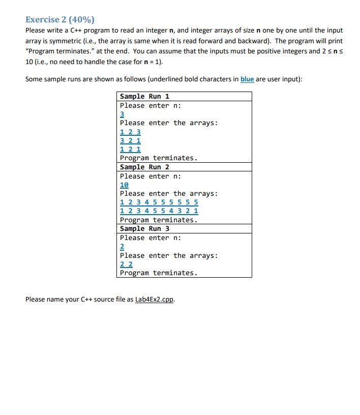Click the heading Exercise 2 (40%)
tap(60, 19)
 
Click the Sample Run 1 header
tap(144, 96)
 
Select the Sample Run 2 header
tap(144, 167)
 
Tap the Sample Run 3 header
tap(144, 228)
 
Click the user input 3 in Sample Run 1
tap(122, 114)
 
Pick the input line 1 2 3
tap(130, 132)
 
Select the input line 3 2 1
tap(130, 140)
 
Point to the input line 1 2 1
tap(130, 149)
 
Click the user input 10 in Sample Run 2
tap(124, 185)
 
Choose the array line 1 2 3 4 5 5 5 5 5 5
tap(159, 202)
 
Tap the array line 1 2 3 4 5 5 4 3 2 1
tap(159, 211)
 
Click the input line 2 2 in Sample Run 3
tap(126, 264)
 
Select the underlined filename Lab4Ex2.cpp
tap(155, 299)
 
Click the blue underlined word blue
tap(247, 79)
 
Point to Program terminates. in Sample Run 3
tap(158, 273)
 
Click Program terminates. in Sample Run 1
tap(158, 158)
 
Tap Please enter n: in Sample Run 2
tap(151, 176)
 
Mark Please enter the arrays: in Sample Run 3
tap(169, 255)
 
